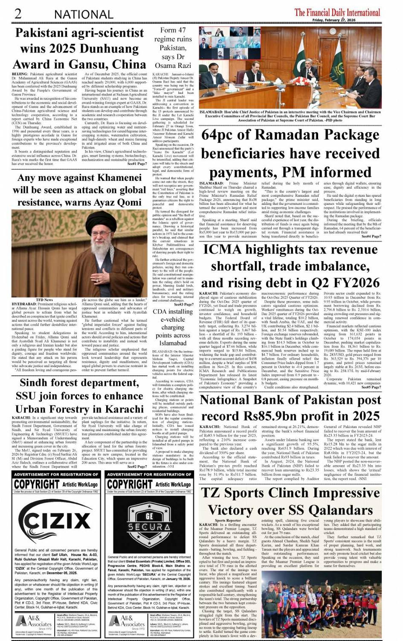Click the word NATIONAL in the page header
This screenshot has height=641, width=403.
tap(84, 15)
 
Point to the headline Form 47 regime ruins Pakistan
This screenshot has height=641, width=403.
tap(173, 47)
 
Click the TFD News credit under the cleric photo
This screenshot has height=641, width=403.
tap(45, 300)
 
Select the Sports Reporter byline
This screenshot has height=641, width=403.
tap(228, 520)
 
